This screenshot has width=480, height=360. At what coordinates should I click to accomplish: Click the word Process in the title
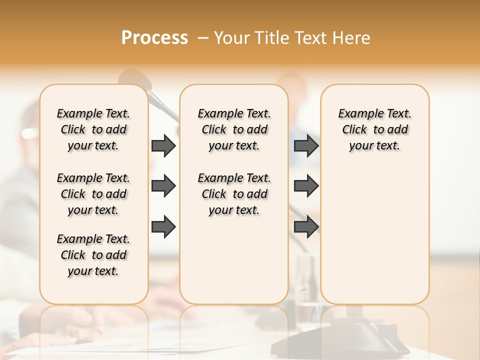pos(154,38)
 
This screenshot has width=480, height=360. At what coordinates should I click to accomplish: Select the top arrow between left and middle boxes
pos(163,146)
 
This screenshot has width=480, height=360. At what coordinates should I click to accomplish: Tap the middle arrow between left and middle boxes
pos(163,186)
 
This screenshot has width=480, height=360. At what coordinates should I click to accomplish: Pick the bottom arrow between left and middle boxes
pos(163,227)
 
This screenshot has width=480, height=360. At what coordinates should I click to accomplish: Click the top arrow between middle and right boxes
pos(306,146)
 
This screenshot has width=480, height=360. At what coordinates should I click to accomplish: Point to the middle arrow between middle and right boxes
pos(306,186)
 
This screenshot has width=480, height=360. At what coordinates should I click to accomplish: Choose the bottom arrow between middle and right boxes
pos(306,227)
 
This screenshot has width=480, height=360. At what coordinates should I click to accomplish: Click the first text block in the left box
pos(93,129)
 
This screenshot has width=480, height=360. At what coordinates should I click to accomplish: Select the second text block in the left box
pos(93,194)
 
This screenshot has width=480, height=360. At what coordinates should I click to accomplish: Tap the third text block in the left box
pos(93,255)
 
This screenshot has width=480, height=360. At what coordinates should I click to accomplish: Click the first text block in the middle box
pos(234,129)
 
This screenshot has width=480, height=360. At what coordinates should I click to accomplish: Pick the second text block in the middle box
pos(234,194)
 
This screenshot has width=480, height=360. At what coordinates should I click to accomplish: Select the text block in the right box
pos(374,129)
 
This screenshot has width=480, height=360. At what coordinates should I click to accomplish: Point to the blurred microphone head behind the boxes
pos(133,78)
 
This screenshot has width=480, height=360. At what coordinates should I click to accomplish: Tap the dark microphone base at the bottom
pos(350,335)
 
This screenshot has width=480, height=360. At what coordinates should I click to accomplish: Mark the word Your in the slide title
pos(232,38)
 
